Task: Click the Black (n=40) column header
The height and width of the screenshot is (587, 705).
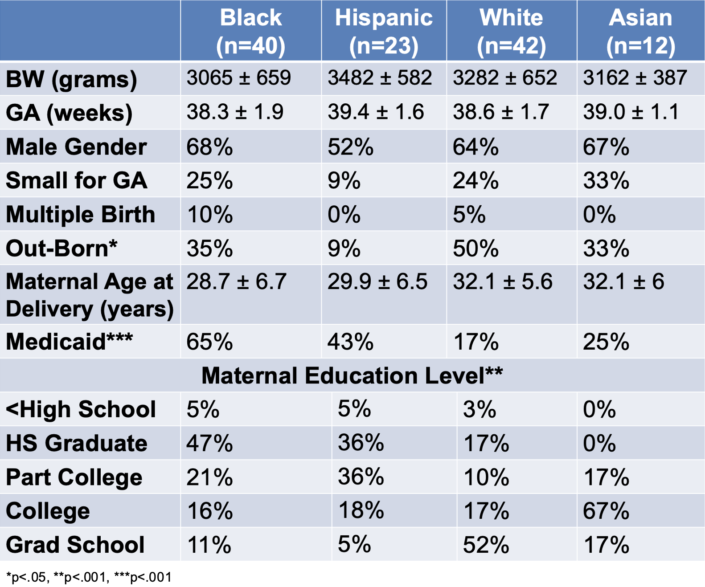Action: click(x=250, y=31)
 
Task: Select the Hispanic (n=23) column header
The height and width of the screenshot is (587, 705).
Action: click(x=384, y=31)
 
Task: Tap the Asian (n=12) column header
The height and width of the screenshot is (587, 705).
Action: click(x=640, y=31)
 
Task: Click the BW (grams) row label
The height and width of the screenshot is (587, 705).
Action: click(x=72, y=80)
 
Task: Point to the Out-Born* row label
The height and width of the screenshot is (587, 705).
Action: click(x=61, y=248)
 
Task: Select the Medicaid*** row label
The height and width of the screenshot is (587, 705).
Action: click(x=69, y=341)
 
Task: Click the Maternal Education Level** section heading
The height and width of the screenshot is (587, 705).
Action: click(x=352, y=375)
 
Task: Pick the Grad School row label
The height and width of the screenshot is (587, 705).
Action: click(x=75, y=545)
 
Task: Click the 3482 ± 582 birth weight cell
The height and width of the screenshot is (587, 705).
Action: click(x=380, y=77)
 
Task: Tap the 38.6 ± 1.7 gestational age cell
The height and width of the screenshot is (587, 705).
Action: click(x=501, y=112)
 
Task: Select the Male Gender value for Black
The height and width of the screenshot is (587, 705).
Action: click(x=210, y=147)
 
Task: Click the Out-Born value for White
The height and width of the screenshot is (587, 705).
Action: click(x=476, y=249)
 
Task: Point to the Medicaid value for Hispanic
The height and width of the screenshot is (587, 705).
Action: click(x=350, y=342)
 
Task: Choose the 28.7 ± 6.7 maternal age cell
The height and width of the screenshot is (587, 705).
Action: click(x=236, y=281)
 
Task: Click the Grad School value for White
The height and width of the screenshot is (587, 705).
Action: click(x=486, y=545)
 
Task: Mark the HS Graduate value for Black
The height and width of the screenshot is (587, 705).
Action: click(x=210, y=443)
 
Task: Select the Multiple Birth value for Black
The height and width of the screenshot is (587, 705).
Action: click(x=210, y=214)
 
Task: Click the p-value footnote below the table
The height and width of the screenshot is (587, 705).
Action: click(x=89, y=577)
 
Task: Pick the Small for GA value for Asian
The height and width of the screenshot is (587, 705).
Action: click(x=606, y=180)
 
